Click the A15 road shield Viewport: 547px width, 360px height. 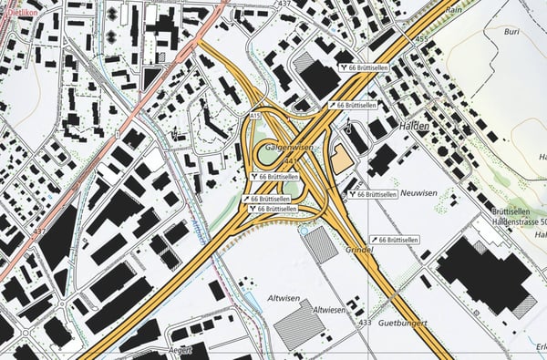coord(255,117)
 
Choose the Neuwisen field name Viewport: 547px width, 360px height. coord(421,194)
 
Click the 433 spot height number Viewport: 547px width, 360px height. coord(365,323)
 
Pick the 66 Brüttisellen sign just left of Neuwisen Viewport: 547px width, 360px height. coord(372,194)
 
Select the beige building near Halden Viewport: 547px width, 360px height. coord(341,160)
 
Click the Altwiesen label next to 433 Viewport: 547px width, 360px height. coord(330,310)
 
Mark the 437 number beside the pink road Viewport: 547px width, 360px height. coord(38,231)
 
